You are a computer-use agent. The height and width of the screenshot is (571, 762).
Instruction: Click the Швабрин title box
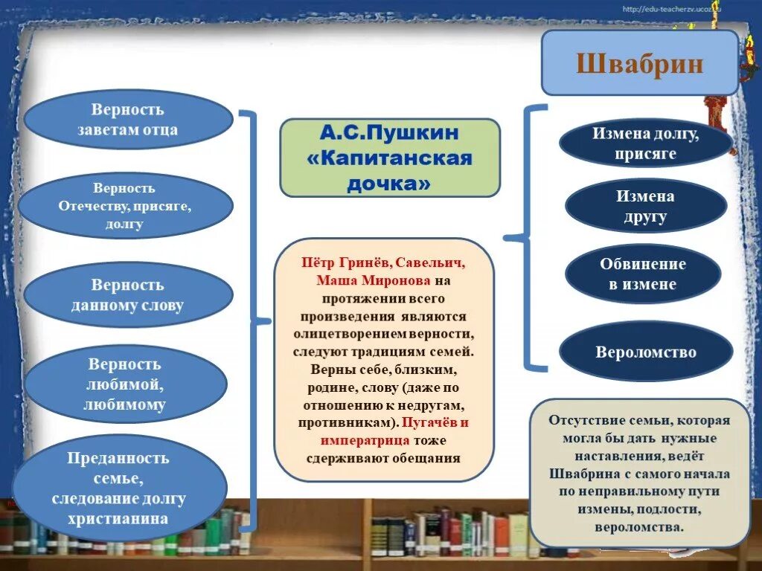pos(639,63)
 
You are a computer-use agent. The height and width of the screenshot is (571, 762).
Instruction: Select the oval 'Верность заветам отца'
pos(128,120)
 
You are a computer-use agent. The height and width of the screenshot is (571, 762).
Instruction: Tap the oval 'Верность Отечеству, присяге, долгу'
pos(125,206)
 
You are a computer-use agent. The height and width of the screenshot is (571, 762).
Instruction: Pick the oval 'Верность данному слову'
pos(128,295)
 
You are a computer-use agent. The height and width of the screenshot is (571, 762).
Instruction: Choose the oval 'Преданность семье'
pos(120,488)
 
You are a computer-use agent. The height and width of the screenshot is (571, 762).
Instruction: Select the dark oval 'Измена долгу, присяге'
pos(645,143)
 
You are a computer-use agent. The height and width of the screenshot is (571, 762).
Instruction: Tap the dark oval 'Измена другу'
pos(645,207)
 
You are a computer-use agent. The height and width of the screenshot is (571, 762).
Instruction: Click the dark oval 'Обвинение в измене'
pos(643,274)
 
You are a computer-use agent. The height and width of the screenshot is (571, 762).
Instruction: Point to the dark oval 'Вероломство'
pos(645,352)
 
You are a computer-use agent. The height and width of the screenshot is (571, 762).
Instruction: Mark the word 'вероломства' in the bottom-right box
pos(639,527)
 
